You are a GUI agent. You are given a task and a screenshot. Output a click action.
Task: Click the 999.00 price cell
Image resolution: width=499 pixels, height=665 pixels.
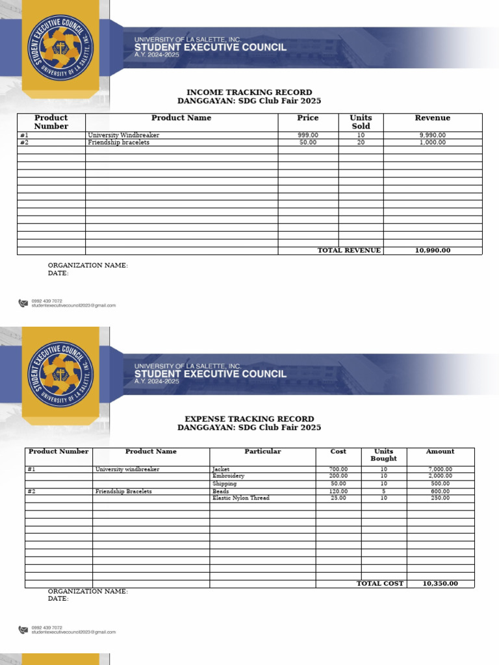click(x=308, y=135)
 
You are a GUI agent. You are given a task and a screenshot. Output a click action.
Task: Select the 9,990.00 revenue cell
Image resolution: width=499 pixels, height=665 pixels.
click(x=432, y=135)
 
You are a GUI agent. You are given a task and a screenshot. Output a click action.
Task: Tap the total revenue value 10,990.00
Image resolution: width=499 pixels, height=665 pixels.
click(x=432, y=251)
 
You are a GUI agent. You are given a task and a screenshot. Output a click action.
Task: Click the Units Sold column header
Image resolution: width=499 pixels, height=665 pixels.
click(x=361, y=122)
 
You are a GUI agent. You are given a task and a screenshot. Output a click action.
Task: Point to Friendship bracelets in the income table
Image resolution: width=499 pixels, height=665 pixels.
click(x=118, y=142)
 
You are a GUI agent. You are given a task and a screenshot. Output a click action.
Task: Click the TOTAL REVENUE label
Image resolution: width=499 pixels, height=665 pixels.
click(x=349, y=251)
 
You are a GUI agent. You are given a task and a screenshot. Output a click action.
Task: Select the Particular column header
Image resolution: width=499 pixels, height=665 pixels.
click(x=262, y=451)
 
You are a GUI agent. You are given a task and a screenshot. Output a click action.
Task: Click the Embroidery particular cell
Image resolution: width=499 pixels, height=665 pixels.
click(x=228, y=476)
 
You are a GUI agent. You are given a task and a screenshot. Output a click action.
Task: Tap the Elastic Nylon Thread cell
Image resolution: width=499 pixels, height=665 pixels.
click(x=240, y=498)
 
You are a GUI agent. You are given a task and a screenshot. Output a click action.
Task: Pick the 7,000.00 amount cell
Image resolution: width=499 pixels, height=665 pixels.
click(x=440, y=469)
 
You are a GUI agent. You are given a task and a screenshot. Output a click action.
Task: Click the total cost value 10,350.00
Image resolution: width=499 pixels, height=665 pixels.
click(x=440, y=584)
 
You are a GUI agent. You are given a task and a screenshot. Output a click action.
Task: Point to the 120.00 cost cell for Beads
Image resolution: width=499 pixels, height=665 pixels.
click(x=339, y=492)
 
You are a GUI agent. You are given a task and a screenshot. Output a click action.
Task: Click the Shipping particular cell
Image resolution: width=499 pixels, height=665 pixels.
click(x=224, y=484)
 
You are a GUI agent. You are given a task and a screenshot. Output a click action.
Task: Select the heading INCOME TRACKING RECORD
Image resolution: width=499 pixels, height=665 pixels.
click(x=249, y=92)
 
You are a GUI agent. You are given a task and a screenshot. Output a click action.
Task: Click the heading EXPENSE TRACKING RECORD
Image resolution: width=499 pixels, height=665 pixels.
click(x=249, y=419)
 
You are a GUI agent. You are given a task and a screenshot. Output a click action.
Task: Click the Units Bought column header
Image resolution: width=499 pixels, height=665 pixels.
click(x=383, y=455)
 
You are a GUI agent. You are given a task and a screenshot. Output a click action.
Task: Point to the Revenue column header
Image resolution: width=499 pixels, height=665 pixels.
click(x=432, y=118)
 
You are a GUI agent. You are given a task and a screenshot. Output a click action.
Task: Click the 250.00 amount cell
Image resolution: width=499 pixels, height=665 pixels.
click(x=440, y=498)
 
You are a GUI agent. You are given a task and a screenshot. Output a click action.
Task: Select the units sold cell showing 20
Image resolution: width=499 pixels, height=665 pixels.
click(x=361, y=142)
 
